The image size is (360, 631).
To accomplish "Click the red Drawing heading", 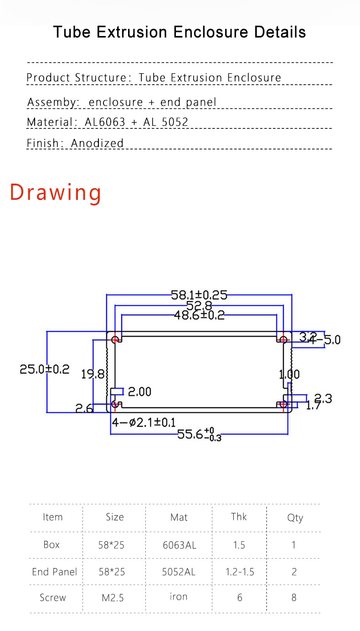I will [56, 192].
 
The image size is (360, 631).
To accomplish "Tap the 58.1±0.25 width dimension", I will [199, 295].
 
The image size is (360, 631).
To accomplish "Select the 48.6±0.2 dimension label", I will [199, 315].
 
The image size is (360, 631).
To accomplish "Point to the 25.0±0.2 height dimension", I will [44, 369].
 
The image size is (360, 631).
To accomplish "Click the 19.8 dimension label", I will [93, 374].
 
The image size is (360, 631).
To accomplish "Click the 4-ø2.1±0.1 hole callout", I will [144, 423].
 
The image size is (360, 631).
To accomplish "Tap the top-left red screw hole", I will [115, 339].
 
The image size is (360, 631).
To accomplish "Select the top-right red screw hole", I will [283, 339].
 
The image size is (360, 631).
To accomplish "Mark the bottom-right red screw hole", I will [283, 404].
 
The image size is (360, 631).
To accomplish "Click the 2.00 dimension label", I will [139, 392].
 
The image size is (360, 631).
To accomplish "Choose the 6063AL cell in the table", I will [179, 545].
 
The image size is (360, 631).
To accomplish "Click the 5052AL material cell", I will [179, 572].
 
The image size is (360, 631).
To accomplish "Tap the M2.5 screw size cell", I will [113, 598].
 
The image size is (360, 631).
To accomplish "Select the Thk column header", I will [239, 517].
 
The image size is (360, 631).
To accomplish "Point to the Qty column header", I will [295, 518].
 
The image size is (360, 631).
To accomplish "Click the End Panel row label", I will [54, 572].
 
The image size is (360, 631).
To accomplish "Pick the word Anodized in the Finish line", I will [98, 143].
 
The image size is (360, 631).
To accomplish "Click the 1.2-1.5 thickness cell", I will [239, 572].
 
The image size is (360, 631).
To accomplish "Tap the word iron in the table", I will [179, 597].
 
